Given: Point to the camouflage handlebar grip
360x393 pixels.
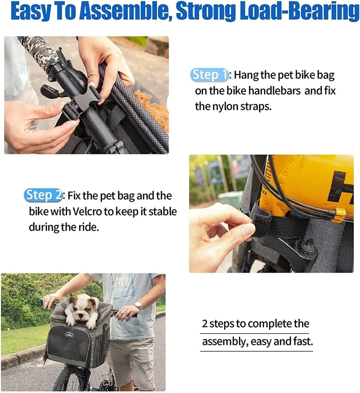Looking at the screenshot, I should [40, 50].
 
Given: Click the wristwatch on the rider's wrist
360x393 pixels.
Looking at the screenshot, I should [138, 306].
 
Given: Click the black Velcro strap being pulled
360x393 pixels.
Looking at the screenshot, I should [279, 225].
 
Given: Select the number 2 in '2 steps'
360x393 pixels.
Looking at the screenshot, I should [204, 324].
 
